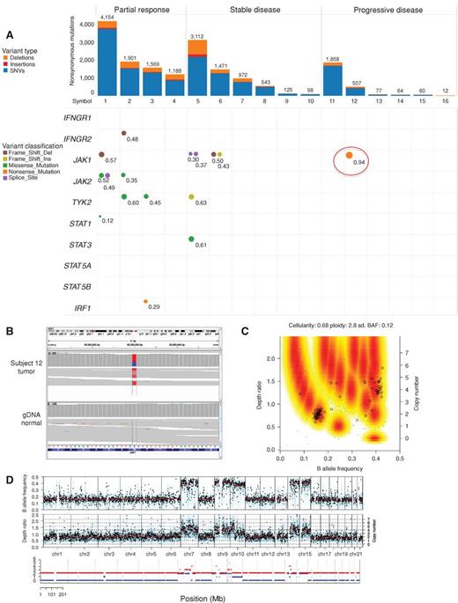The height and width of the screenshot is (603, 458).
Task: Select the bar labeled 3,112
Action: click(199, 66)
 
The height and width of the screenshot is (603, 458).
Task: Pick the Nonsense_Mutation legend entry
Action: click(44, 180)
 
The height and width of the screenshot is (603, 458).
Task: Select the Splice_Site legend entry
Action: click(34, 187)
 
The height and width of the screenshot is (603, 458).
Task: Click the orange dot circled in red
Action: click(350, 156)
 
